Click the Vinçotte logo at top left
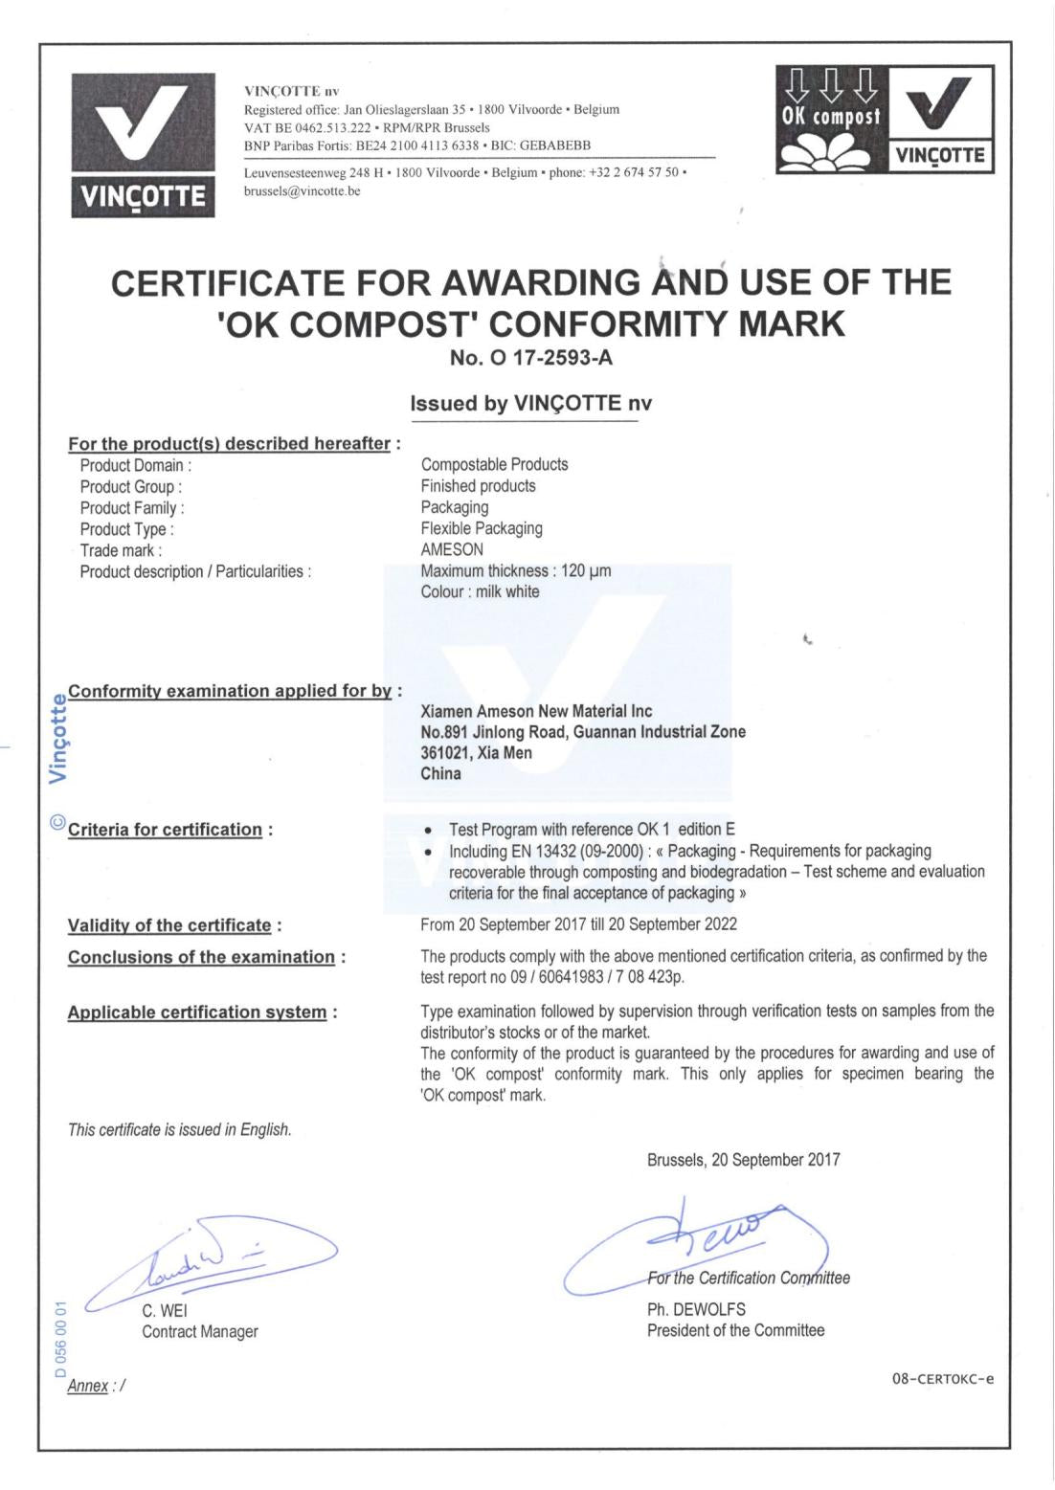click(x=143, y=144)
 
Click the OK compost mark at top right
click(x=885, y=119)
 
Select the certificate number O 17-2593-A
click(x=530, y=361)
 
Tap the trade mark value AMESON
click(x=452, y=549)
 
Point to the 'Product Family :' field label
click(x=132, y=508)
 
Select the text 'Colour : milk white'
click(x=480, y=591)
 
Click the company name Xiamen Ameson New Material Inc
click(x=536, y=711)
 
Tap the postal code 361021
click(x=445, y=753)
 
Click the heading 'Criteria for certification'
click(x=165, y=830)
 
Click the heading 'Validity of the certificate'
click(x=169, y=925)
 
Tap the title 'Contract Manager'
click(x=200, y=1331)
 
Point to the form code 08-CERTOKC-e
click(x=942, y=1379)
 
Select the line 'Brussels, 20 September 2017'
click(x=743, y=1160)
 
